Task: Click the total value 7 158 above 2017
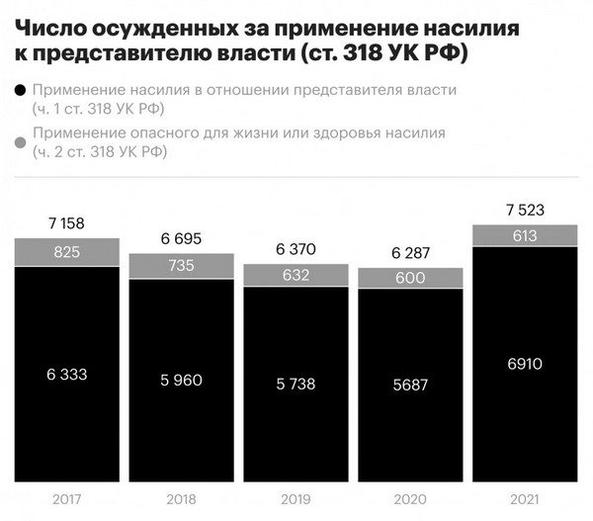(66, 223)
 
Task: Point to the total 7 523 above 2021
(525, 210)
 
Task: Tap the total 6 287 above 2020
(410, 253)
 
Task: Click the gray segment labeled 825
(66, 252)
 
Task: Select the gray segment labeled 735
(181, 266)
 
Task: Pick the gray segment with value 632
(296, 276)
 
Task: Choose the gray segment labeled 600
(410, 279)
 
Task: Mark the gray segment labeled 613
(525, 235)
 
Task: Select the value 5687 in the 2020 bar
(410, 385)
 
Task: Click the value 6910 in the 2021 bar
(525, 364)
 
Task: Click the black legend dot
(20, 91)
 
